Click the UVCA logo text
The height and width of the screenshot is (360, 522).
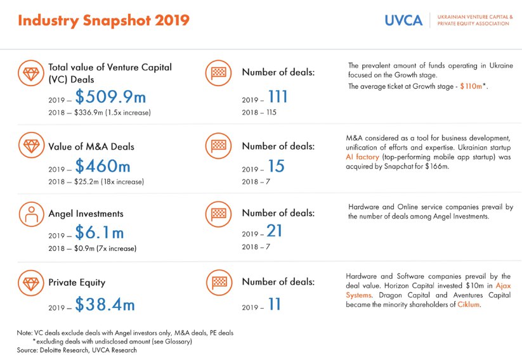click(x=403, y=20)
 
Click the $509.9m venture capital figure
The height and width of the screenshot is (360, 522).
click(x=110, y=97)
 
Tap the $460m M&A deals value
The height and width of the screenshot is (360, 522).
click(x=103, y=166)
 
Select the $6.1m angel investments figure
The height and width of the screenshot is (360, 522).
click(x=100, y=232)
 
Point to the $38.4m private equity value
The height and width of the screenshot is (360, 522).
click(x=105, y=304)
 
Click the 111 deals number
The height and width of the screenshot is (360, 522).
click(x=278, y=97)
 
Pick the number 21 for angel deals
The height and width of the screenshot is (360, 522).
click(x=274, y=231)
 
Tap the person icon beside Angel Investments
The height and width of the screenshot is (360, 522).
click(x=31, y=214)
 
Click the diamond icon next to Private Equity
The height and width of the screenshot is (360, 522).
click(x=31, y=283)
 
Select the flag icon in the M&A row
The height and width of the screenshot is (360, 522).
click(x=218, y=145)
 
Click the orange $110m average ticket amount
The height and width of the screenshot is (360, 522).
click(x=471, y=86)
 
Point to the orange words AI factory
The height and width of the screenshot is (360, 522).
click(x=363, y=157)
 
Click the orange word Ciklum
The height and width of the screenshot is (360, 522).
click(x=468, y=304)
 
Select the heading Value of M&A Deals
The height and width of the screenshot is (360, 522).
click(x=91, y=147)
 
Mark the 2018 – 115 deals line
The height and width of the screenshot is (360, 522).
click(x=259, y=112)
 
